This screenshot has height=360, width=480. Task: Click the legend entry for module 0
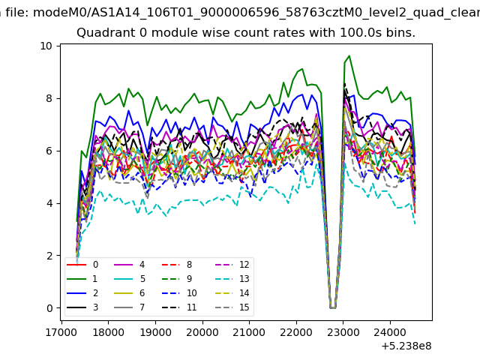(82, 265)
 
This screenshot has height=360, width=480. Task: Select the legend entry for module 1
(82, 278)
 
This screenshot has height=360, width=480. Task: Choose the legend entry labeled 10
(179, 293)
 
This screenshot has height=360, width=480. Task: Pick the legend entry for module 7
(130, 307)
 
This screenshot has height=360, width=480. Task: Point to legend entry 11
(179, 307)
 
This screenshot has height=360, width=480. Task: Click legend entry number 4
(130, 265)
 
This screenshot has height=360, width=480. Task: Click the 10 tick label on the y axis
(46, 46)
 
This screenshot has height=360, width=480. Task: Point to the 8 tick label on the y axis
(49, 98)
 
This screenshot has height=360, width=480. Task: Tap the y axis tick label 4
(49, 203)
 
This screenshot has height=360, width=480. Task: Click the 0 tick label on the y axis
(49, 308)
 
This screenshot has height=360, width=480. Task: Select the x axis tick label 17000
(61, 332)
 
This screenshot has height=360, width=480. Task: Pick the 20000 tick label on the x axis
(202, 332)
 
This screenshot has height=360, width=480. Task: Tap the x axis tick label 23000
(343, 332)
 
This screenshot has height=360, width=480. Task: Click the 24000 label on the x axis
(390, 332)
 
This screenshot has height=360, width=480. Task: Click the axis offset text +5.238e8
(406, 346)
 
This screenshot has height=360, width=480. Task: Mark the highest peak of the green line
(349, 56)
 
